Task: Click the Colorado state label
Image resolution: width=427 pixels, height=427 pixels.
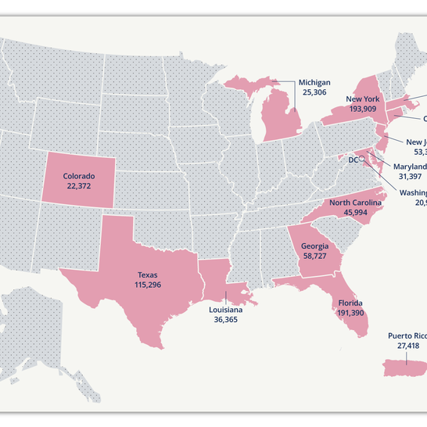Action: (79, 176)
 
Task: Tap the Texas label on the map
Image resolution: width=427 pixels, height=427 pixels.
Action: (146, 275)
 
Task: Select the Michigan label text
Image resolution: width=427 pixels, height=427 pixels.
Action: (314, 82)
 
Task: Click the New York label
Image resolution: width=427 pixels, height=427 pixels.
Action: (364, 99)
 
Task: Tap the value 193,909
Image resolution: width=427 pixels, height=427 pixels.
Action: (364, 109)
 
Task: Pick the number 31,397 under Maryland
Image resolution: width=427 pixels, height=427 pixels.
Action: (409, 177)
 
